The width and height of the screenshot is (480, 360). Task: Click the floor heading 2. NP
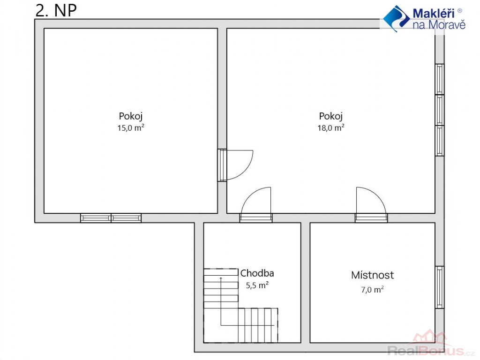[56, 10]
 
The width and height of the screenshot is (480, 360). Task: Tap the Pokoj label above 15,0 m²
[131, 116]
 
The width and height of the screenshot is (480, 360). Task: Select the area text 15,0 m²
[131, 127]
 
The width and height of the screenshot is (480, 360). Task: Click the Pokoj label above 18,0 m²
[330, 116]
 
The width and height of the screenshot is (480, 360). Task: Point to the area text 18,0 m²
[331, 127]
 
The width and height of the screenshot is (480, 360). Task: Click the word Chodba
[257, 273]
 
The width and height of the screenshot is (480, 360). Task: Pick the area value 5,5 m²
[257, 285]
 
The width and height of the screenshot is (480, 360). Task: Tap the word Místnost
[373, 275]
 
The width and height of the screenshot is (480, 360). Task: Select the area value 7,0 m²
[373, 289]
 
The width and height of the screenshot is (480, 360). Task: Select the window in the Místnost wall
[440, 287]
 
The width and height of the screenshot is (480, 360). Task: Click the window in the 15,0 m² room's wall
[111, 218]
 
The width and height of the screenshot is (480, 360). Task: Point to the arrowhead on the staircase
[221, 278]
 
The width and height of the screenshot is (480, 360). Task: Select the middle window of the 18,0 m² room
[440, 110]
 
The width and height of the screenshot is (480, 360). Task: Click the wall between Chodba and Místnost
[305, 283]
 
